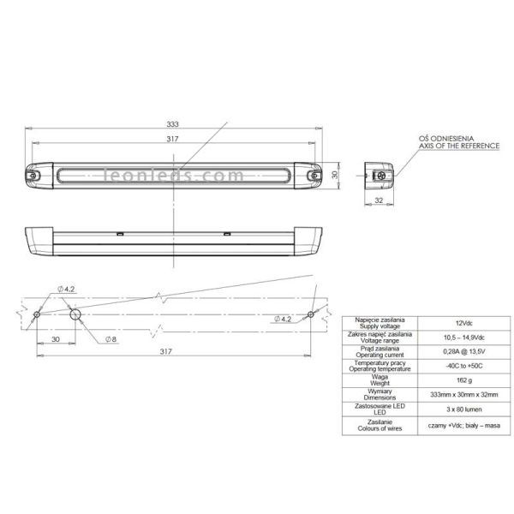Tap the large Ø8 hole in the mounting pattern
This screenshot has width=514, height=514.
pos(75,315)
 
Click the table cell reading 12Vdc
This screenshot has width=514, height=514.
pos(463,322)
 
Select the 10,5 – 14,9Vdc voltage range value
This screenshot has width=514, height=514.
pos(463,337)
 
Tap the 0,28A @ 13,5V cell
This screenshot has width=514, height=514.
pos(463,351)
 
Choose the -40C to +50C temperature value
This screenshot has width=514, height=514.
pos(463,367)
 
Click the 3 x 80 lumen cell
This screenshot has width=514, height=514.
pos(463,410)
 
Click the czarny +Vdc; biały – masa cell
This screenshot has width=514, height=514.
pos(463,425)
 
